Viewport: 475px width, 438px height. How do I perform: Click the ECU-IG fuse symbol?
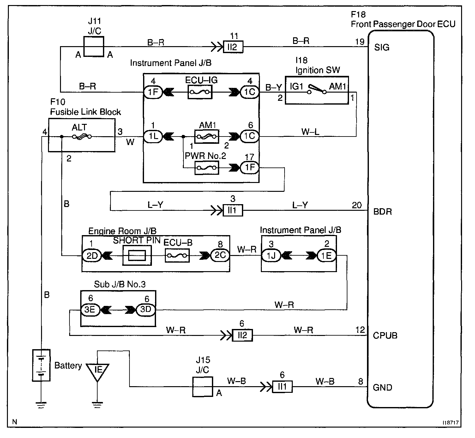200,92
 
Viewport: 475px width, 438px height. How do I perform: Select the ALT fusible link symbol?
82,137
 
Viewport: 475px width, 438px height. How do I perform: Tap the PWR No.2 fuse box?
207,168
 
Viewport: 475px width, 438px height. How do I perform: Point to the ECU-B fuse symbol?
177,255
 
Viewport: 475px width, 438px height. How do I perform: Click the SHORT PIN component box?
137,255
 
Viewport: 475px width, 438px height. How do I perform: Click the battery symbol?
41,365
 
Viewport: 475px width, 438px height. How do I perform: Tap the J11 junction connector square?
94,46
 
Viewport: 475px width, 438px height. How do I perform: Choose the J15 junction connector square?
202,386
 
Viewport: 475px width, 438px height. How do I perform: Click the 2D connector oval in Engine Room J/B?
92,255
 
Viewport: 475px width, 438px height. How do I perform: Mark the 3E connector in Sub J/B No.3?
90,310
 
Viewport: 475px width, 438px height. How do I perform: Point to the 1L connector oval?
153,136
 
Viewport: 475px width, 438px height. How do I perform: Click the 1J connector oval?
271,255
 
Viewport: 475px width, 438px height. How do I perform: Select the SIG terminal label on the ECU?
382,47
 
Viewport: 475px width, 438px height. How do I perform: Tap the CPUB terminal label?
385,335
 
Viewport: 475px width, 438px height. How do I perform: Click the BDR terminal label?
383,211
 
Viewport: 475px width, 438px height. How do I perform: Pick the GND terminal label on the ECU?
383,387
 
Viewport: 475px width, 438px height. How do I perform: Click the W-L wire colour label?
310,131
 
